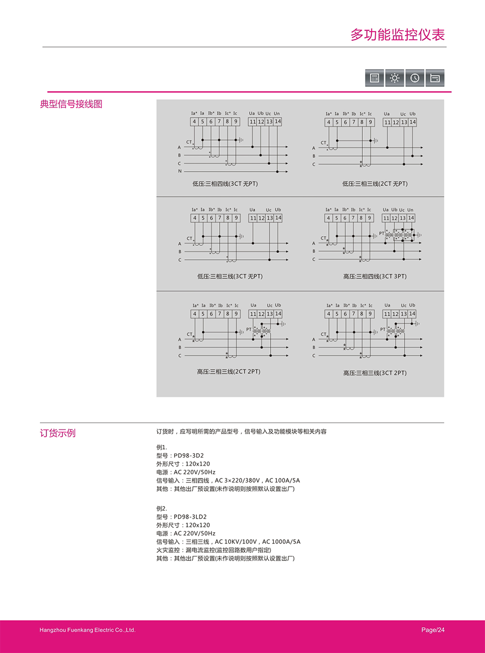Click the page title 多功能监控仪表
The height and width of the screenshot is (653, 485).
click(397, 35)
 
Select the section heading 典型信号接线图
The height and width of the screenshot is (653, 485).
click(71, 104)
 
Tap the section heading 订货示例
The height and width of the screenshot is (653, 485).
click(58, 433)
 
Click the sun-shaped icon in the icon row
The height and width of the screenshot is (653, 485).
click(394, 78)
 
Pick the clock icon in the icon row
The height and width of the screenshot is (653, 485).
click(415, 78)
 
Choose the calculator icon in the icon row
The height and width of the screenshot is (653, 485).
click(374, 78)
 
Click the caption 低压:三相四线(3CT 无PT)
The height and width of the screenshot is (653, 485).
click(225, 184)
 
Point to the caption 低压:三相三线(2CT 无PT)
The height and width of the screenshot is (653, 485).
click(375, 184)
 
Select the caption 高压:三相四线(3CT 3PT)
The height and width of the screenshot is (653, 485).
click(375, 276)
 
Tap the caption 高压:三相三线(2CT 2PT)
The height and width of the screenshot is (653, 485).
click(228, 372)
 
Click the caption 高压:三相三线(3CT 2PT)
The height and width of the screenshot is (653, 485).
click(375, 373)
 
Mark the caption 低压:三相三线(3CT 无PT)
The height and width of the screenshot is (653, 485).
click(230, 276)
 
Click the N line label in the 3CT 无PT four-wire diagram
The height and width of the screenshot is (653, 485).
click(179, 171)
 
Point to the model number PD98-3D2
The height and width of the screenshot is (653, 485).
click(189, 456)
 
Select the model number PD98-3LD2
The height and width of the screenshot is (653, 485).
click(190, 517)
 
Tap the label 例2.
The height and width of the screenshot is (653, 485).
click(162, 509)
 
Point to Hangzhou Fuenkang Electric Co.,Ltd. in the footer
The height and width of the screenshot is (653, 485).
click(87, 630)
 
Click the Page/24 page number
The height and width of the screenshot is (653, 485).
click(433, 630)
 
